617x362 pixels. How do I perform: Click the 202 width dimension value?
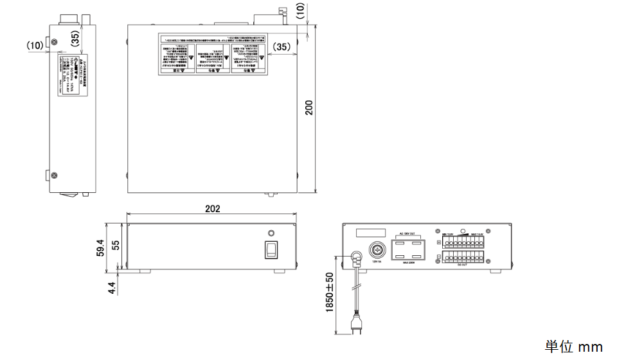coord(212,209)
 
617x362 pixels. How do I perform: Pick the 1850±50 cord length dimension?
coord(329,293)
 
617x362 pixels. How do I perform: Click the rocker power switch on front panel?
coord(273,249)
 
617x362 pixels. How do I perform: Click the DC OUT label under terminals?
coord(462,264)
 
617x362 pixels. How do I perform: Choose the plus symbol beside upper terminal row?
coord(438,242)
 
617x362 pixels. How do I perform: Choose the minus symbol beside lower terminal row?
coord(438,258)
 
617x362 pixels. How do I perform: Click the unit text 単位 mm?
coord(574,347)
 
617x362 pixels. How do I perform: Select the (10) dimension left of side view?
coord(35,45)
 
